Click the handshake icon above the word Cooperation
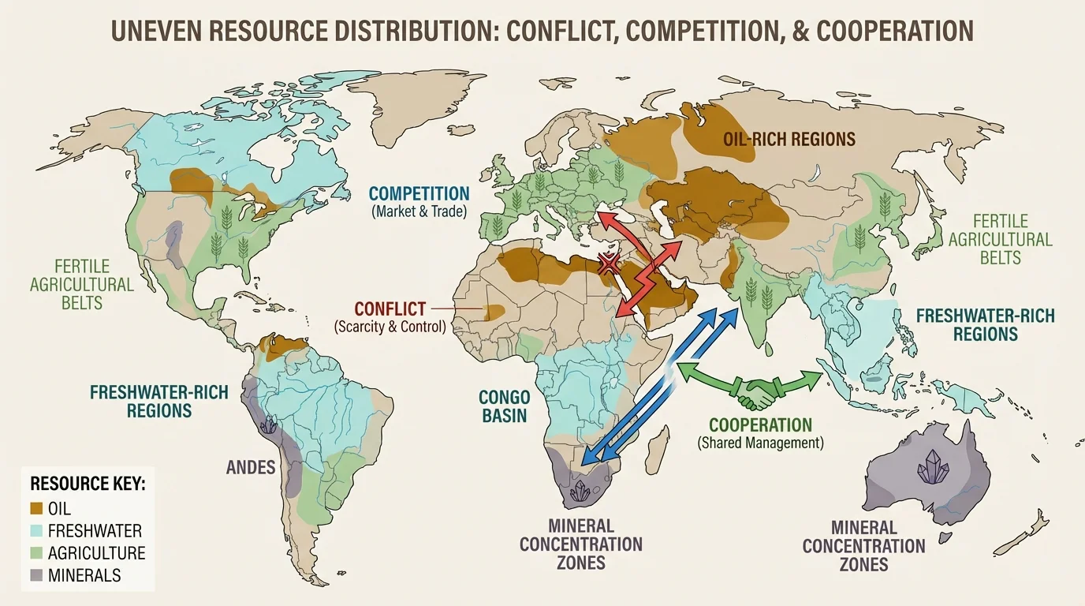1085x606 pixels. pyautogui.click(x=755, y=392)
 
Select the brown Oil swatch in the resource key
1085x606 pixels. pyautogui.click(x=35, y=509)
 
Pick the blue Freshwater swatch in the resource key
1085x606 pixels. pyautogui.click(x=35, y=531)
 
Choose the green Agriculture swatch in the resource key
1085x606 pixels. pyautogui.click(x=35, y=554)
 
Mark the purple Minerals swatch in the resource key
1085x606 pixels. pyautogui.click(x=35, y=576)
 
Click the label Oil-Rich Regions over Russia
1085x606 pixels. pyautogui.click(x=789, y=140)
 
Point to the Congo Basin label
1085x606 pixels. pyautogui.click(x=503, y=406)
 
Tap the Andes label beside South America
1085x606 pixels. pyautogui.click(x=251, y=467)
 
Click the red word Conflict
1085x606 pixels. pyautogui.click(x=390, y=309)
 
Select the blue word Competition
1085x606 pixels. pyautogui.click(x=419, y=194)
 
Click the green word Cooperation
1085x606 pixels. pyautogui.click(x=760, y=425)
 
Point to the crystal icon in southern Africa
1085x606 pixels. pyautogui.click(x=583, y=492)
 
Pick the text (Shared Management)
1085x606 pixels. pyautogui.click(x=760, y=443)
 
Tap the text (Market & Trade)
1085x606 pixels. pyautogui.click(x=419, y=211)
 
